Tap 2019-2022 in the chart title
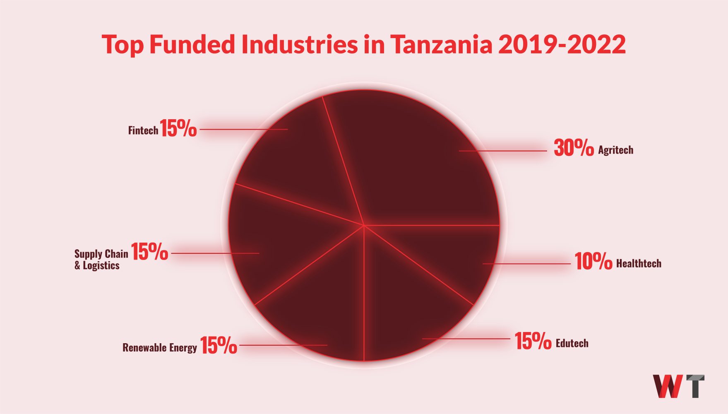click(562, 44)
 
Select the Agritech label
click(615, 150)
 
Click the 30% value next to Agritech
click(574, 148)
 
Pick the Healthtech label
click(639, 263)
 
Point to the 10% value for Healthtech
click(593, 261)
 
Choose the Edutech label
click(572, 343)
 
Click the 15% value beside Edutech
click(533, 341)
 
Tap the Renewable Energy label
click(159, 347)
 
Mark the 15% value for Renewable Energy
click(219, 345)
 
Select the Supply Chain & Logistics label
click(101, 260)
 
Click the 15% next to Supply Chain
click(149, 252)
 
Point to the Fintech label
click(143, 131)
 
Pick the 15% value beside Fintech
click(178, 128)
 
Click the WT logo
click(678, 386)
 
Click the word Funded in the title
click(192, 44)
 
